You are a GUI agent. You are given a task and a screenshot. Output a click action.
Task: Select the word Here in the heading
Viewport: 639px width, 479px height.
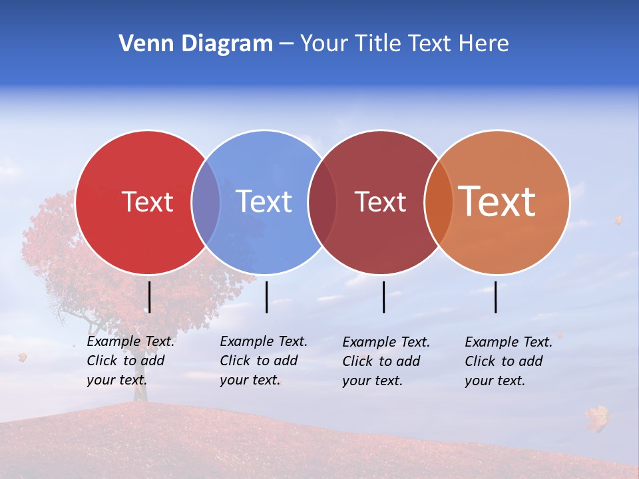point(484,44)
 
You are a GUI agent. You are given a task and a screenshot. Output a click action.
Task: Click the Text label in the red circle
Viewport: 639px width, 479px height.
point(147,202)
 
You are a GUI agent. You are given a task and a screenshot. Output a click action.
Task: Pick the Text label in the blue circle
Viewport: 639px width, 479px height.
point(264,202)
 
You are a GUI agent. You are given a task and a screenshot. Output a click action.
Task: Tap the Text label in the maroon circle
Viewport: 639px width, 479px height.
point(380,202)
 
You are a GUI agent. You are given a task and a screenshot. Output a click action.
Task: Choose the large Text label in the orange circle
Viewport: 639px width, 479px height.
point(497,202)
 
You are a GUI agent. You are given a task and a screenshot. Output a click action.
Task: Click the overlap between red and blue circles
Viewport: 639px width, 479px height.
point(206,202)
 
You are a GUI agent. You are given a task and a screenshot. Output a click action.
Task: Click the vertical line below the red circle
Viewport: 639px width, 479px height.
point(149,297)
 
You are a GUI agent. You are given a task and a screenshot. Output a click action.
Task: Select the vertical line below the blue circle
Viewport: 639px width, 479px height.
point(266,297)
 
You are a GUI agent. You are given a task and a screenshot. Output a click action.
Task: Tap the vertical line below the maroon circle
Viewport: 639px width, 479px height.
point(383,297)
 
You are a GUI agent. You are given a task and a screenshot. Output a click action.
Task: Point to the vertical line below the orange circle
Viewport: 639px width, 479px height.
point(496,297)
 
